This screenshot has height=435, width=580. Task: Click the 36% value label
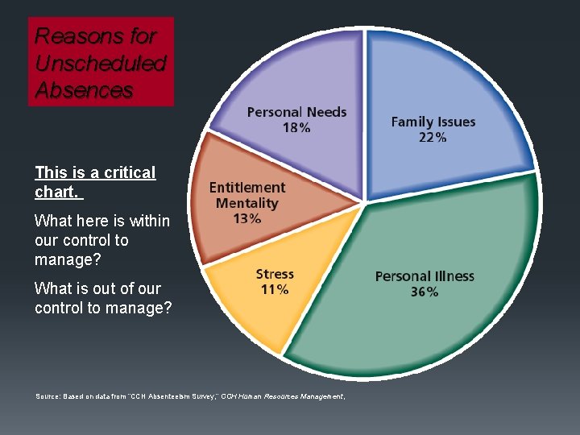click(425, 292)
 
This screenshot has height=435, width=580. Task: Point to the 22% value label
click(433, 138)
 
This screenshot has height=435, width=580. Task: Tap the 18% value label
click(296, 128)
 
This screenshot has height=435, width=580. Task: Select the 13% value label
click(247, 218)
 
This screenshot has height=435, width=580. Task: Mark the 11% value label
click(275, 290)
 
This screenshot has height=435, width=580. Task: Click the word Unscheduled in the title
click(101, 64)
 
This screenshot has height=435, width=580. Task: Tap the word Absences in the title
click(84, 90)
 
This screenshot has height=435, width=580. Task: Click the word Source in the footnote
click(47, 396)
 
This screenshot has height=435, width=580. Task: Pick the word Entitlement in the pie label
click(247, 188)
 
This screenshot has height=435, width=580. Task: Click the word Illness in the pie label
click(453, 276)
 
